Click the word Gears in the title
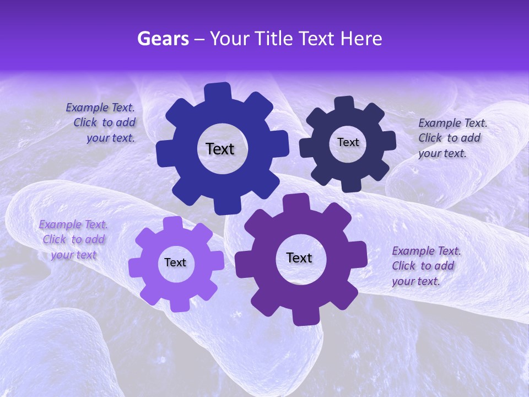click(163, 39)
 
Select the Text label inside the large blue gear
click(220, 149)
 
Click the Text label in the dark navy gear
click(348, 142)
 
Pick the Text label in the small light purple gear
click(175, 262)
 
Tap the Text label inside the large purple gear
click(299, 257)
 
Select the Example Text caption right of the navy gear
click(452, 138)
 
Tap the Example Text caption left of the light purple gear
click(73, 239)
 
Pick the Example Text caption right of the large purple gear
click(425, 266)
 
